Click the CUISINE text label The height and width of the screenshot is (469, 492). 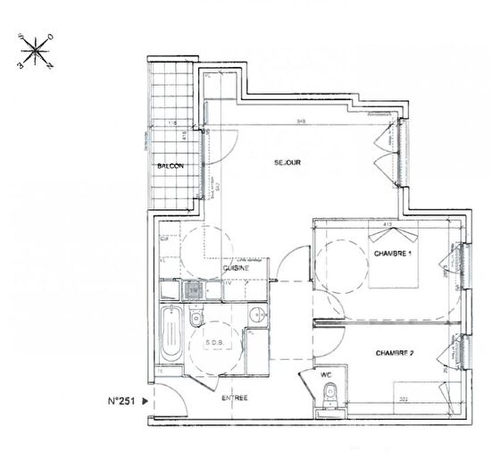point(236,267)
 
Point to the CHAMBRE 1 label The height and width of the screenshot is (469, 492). point(390,253)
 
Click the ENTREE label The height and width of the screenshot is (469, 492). point(236,398)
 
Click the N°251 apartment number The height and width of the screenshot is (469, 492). point(122,401)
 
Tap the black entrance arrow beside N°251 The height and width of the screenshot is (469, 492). point(146,401)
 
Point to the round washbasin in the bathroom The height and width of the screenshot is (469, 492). point(255,314)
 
